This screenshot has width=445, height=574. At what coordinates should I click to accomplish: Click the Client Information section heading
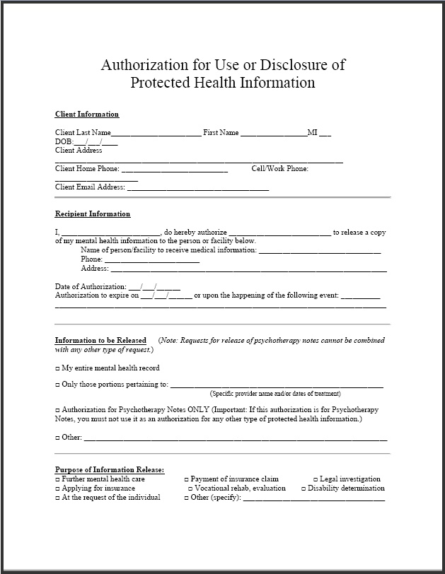click(x=87, y=115)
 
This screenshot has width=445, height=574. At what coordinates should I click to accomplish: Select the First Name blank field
click(x=273, y=134)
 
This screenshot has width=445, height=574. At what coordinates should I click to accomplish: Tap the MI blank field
click(x=325, y=134)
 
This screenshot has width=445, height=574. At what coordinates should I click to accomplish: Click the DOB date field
click(x=96, y=142)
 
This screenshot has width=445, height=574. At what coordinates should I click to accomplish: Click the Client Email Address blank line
click(x=197, y=189)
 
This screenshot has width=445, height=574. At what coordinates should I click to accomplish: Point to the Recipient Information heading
click(x=93, y=214)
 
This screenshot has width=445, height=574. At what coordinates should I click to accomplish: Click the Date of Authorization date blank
click(x=154, y=287)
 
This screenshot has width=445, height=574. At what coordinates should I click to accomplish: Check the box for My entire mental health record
click(x=57, y=368)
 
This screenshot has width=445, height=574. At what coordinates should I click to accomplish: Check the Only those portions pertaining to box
click(x=57, y=385)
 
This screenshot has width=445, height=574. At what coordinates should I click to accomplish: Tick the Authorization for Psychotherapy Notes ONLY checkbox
click(x=57, y=410)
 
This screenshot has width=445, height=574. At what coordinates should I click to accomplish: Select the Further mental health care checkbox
click(x=57, y=479)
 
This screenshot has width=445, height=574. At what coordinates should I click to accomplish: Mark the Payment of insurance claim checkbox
click(x=186, y=479)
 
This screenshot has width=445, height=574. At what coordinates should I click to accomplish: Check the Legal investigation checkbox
click(x=316, y=479)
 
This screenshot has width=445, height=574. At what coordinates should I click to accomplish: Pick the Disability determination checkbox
click(x=303, y=488)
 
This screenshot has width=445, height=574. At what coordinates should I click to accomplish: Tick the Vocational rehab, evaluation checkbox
click(x=190, y=488)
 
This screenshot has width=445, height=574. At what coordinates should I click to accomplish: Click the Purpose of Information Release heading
click(x=110, y=470)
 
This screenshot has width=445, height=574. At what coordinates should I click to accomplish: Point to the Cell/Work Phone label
click(x=279, y=169)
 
